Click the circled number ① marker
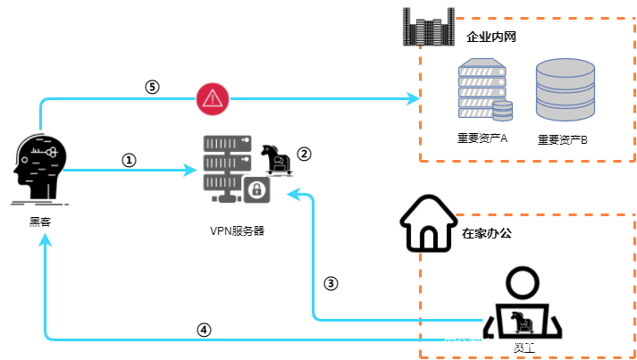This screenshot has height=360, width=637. pyautogui.click(x=129, y=160)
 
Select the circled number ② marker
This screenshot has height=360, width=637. pyautogui.click(x=304, y=153)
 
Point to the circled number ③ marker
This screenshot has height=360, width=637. pyautogui.click(x=331, y=283)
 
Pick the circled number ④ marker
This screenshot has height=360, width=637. pyautogui.click(x=204, y=329)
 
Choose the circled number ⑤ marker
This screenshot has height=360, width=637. pyautogui.click(x=152, y=87)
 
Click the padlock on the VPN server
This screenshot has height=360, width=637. pyautogui.click(x=256, y=189)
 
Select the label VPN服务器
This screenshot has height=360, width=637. pyautogui.click(x=237, y=230)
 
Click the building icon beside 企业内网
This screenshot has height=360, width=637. pyautogui.click(x=425, y=28)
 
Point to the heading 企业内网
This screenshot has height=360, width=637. pyautogui.click(x=492, y=38)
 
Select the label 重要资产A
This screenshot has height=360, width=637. pyautogui.click(x=482, y=138)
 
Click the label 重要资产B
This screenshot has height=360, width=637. pyautogui.click(x=563, y=140)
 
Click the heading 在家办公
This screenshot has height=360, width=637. pyautogui.click(x=487, y=234)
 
